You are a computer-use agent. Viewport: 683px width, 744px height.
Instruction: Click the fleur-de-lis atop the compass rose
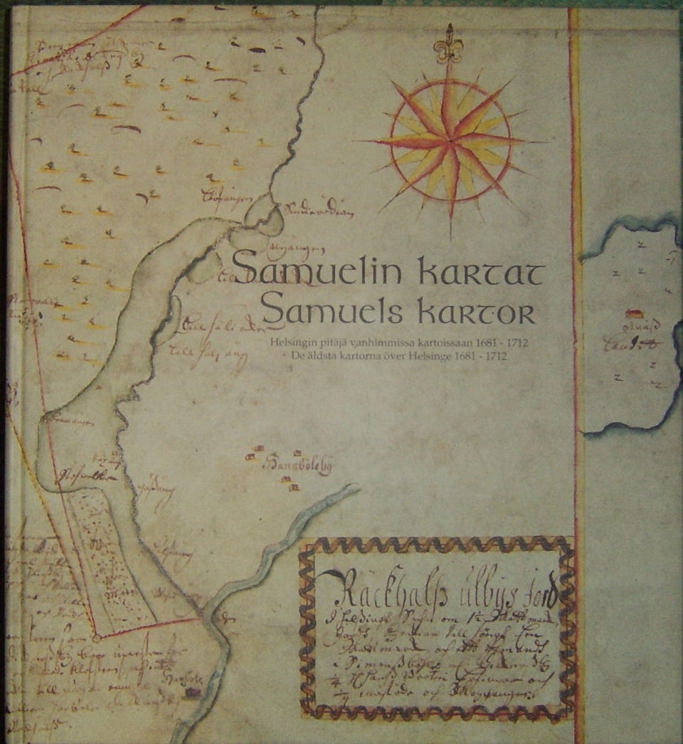(x=448, y=44)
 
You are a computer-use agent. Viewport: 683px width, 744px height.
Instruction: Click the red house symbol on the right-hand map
(x=632, y=313)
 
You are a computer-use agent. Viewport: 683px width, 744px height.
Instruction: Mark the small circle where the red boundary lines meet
(x=95, y=632)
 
